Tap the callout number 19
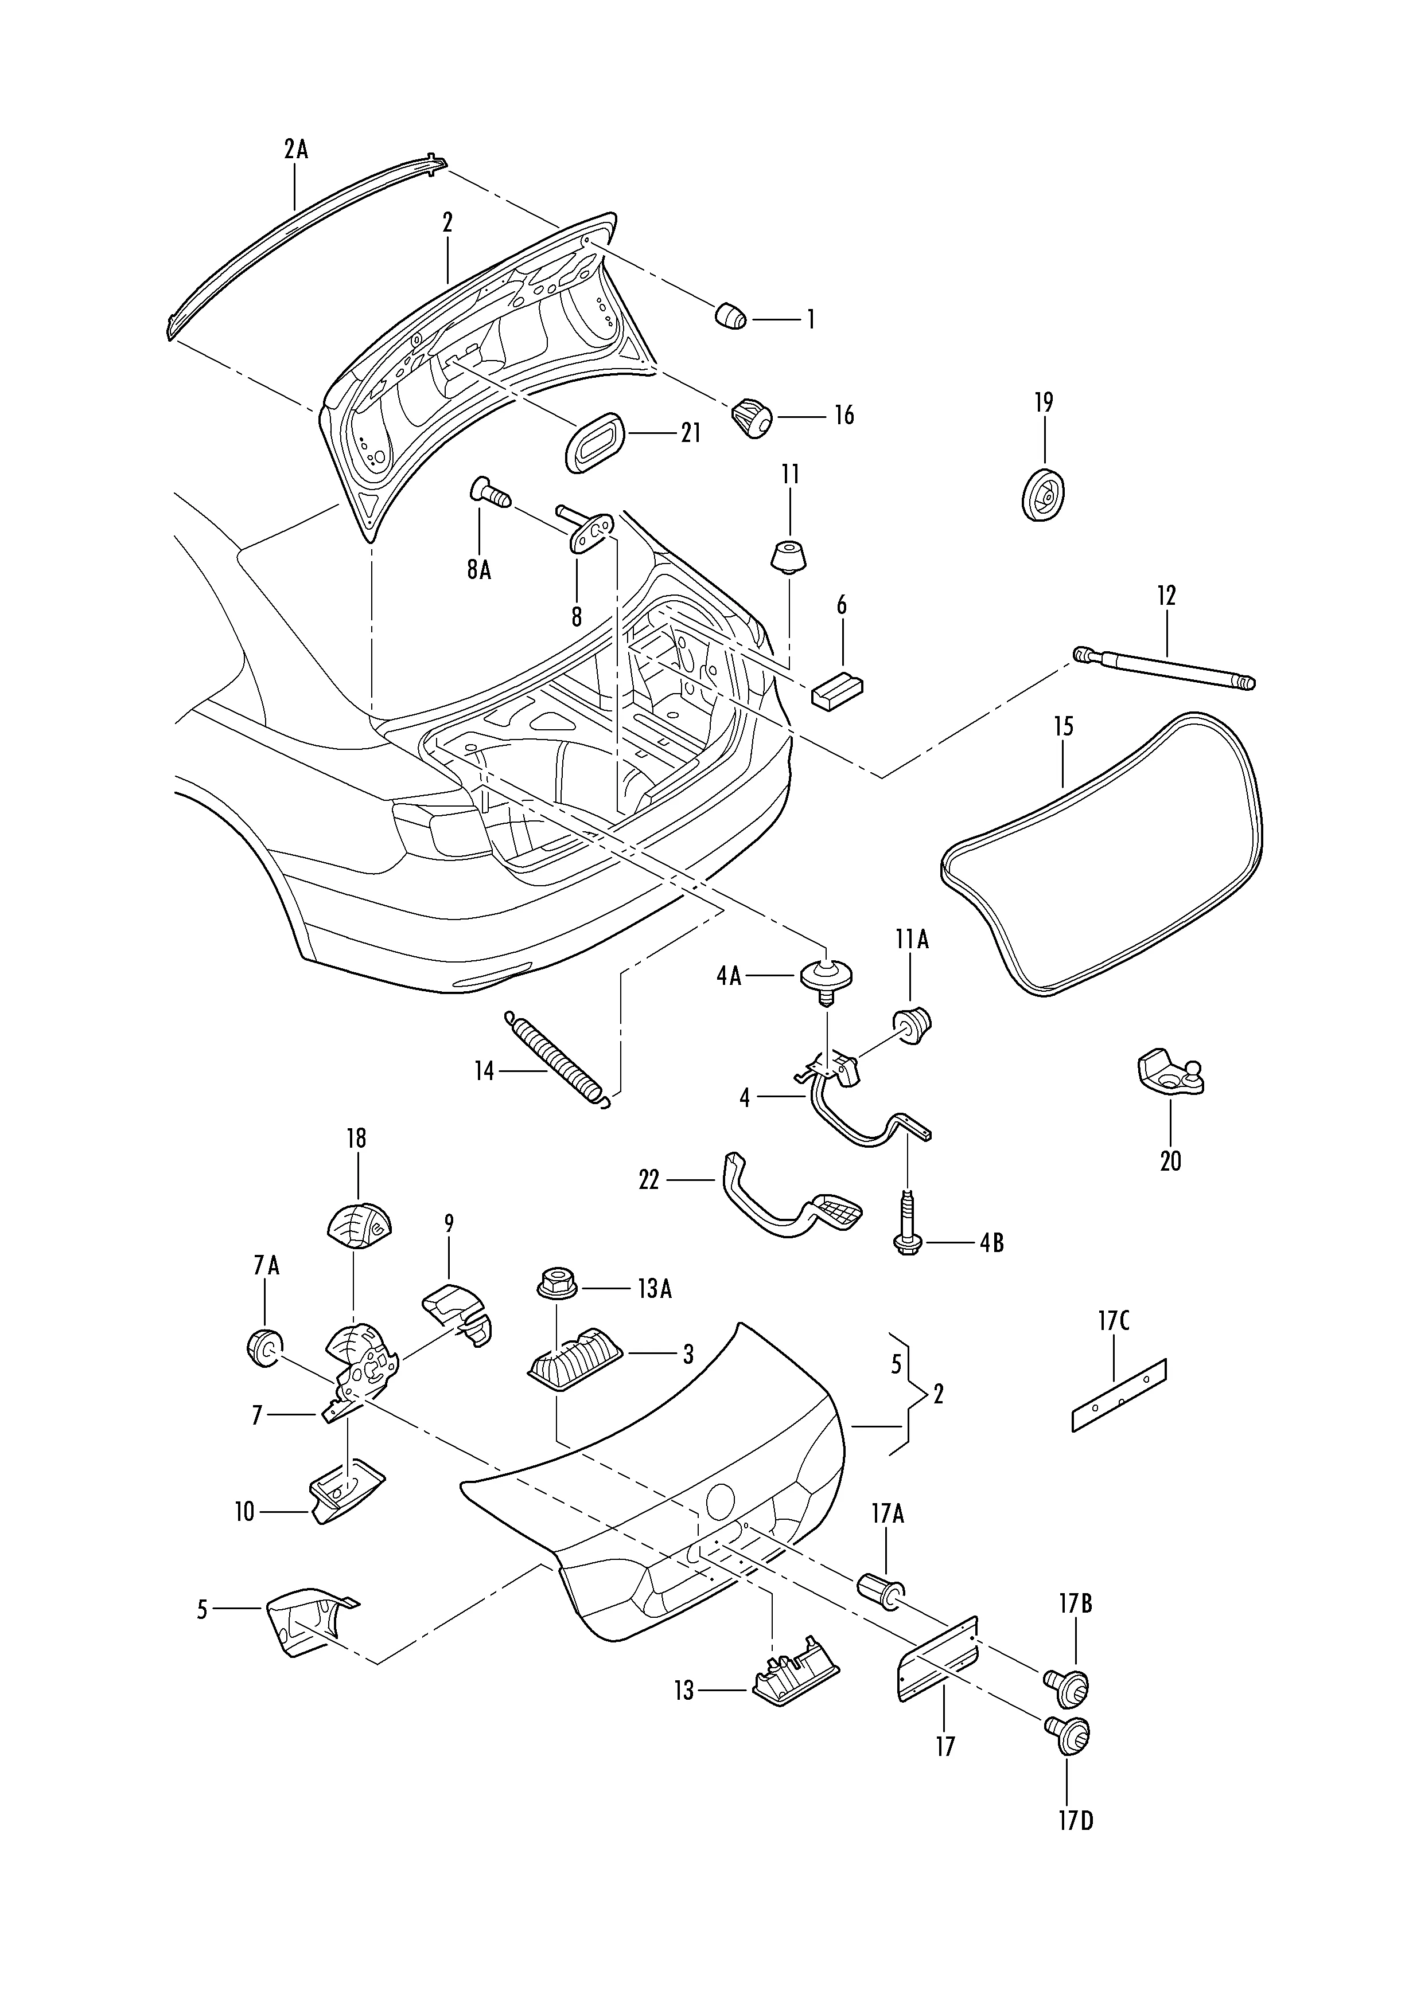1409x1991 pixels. coord(1043,402)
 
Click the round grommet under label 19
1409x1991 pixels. coord(1044,496)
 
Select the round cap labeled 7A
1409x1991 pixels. coord(262,1348)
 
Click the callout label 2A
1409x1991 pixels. coord(296,150)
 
